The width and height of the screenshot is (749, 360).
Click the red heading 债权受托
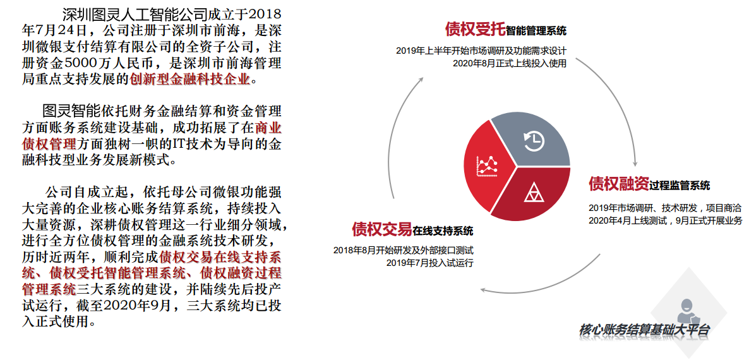click(475, 30)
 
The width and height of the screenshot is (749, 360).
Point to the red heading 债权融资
click(618, 183)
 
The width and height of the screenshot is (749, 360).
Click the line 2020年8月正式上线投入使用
click(510, 64)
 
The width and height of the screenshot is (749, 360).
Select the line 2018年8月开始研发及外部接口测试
click(404, 250)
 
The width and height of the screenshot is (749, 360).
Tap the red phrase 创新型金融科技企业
click(189, 79)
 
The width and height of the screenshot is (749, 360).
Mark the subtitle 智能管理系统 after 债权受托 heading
click(536, 32)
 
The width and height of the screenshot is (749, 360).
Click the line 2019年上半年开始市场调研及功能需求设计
click(481, 51)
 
